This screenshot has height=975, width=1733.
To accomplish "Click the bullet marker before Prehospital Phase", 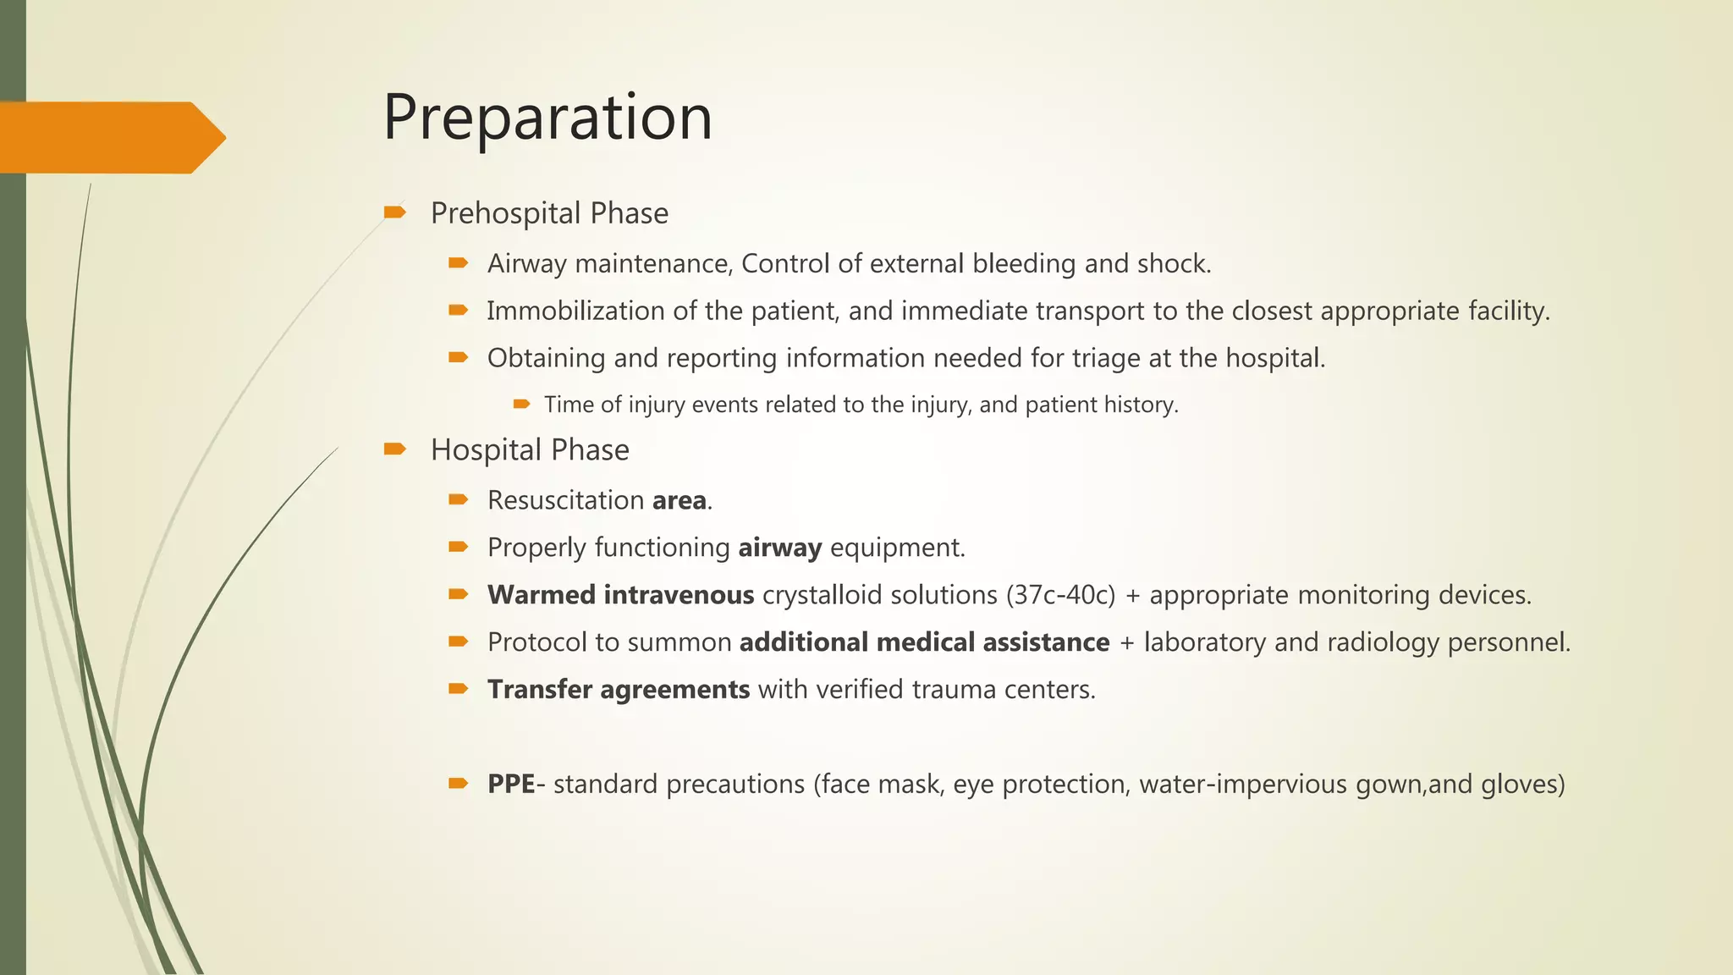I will pos(394,212).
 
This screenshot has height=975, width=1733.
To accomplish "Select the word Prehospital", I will pos(506,213).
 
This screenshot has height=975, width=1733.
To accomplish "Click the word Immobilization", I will pos(575,311).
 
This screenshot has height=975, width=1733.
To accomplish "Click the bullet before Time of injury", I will pos(521,404).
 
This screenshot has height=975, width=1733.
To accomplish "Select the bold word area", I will pos(679,501).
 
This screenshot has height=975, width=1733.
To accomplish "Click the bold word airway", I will pos(779,548).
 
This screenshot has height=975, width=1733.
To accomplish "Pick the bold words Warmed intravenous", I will pos(620,595).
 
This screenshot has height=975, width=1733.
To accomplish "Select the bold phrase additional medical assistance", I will pos(924,642).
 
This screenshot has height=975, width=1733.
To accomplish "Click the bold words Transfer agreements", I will pos(618,690).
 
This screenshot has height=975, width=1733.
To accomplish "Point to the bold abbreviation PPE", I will pos(510,784).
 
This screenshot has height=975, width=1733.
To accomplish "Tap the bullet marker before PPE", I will pos(458,784).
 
